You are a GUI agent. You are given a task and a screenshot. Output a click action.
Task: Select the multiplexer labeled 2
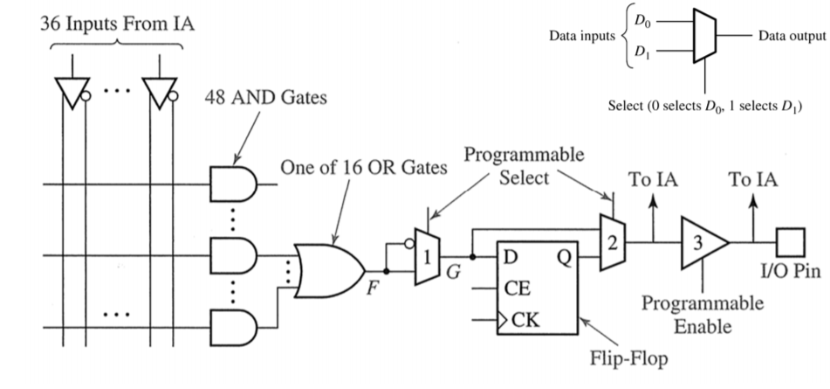(612, 242)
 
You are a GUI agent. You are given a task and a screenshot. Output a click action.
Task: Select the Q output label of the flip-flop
(564, 257)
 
